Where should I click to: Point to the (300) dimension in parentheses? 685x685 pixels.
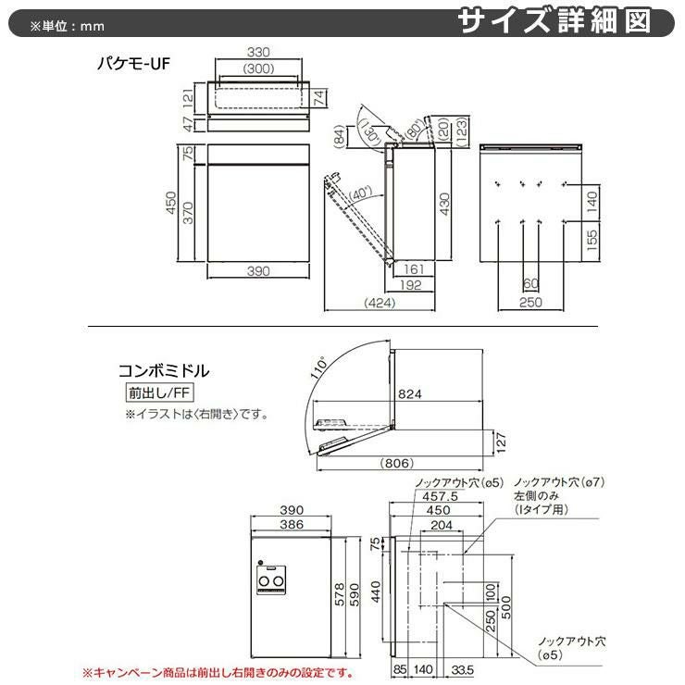click(258, 69)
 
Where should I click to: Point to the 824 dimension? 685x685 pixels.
click(410, 395)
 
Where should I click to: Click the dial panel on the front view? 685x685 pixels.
click(270, 579)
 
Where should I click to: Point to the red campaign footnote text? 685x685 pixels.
click(218, 672)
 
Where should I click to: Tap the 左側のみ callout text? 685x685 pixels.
click(534, 496)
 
